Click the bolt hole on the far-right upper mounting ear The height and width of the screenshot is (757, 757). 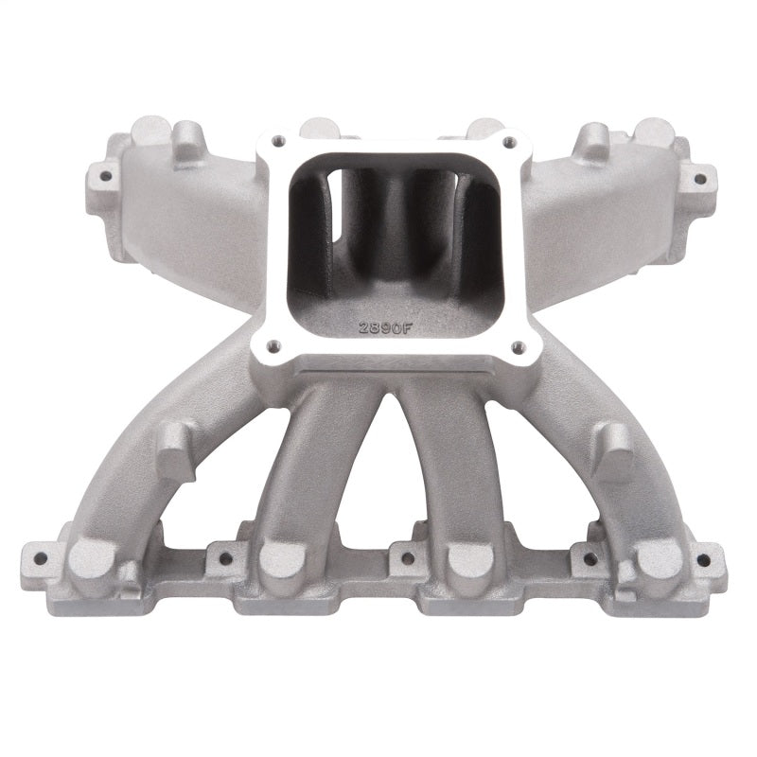699,176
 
